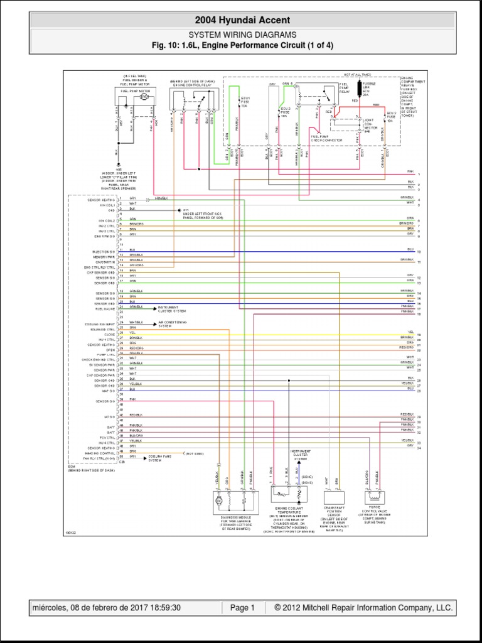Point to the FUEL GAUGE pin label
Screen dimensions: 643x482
pos(106,308)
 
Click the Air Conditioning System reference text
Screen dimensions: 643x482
pos(173,324)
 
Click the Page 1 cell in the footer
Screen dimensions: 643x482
pos(242,608)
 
